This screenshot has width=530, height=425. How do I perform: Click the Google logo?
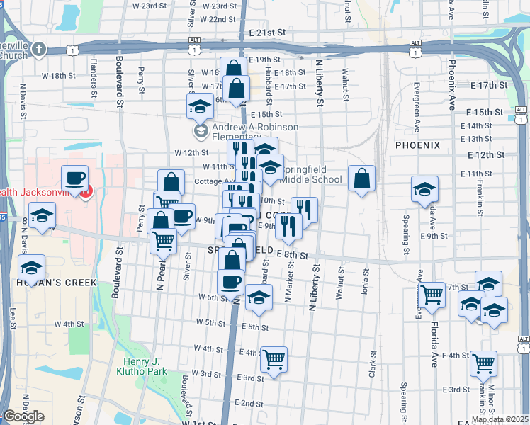coord(23,416)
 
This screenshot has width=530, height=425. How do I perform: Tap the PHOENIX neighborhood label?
coord(417,145)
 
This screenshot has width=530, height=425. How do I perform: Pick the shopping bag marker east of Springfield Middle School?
coord(361,178)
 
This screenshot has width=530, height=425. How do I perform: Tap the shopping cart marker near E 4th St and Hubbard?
coord(274,359)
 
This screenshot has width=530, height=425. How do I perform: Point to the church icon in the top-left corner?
coord(39,50)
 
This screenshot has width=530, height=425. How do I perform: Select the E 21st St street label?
coord(267,33)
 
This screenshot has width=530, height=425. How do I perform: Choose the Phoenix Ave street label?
coord(451,84)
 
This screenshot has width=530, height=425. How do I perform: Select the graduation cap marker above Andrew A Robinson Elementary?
coord(201,106)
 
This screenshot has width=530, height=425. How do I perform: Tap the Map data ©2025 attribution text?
coord(500,419)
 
